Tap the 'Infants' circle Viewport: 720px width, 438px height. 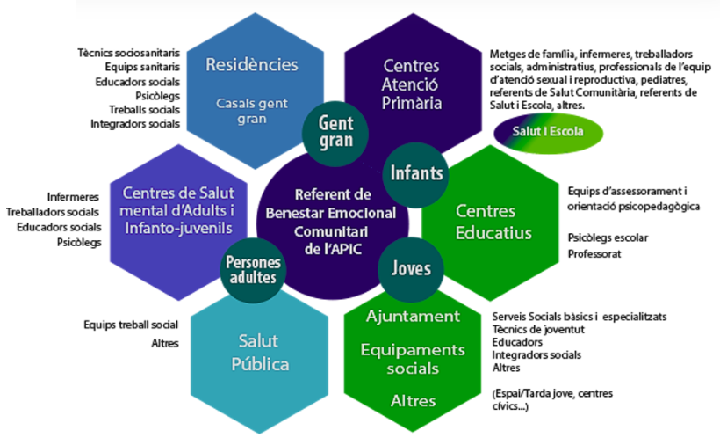click(416, 173)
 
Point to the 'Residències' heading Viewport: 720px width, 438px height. click(251, 65)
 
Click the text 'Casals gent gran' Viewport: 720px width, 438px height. click(251, 110)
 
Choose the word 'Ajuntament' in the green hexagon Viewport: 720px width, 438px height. click(413, 316)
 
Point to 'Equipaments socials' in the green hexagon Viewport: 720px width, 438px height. click(413, 358)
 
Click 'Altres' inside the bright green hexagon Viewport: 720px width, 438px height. click(413, 401)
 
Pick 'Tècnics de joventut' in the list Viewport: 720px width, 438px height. click(538, 329)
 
